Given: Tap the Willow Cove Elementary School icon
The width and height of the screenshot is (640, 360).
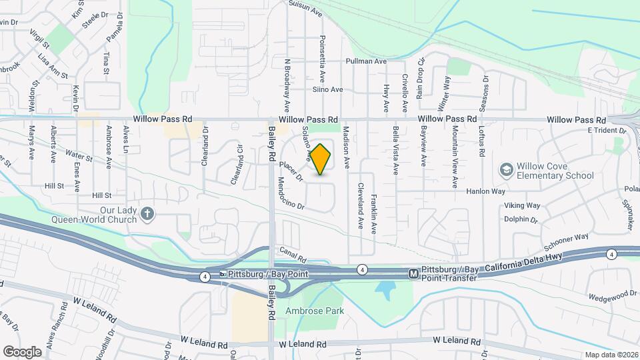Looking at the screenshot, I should click(507, 170).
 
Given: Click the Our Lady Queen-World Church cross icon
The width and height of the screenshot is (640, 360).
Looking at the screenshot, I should click(147, 213).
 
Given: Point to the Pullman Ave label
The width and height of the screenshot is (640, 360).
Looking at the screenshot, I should click(366, 61).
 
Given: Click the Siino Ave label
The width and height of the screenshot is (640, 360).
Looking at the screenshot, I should click(327, 89).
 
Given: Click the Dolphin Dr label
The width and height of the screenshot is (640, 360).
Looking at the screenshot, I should click(521, 219).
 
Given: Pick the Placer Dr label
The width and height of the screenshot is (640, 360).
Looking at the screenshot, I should click(291, 172).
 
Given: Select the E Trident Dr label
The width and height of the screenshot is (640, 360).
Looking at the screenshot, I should click(607, 131).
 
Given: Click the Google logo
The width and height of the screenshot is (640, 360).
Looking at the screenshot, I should click(22, 351).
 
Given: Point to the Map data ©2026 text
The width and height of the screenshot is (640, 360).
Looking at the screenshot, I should click(611, 355).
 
